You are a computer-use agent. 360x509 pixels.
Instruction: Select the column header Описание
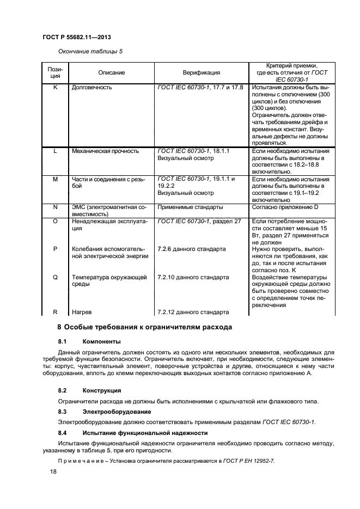(x=111, y=72)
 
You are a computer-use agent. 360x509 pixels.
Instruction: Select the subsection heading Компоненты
(x=102, y=342)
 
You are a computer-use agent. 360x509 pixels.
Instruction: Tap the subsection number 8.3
(x=62, y=412)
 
